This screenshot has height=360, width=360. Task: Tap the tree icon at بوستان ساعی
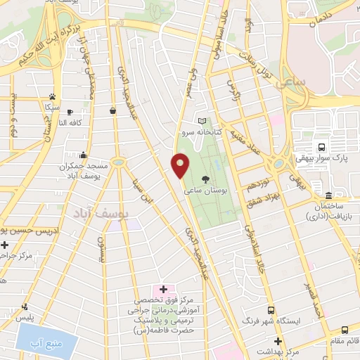[205, 179]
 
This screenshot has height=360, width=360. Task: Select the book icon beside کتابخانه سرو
[202, 121]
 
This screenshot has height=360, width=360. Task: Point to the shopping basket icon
[112, 110]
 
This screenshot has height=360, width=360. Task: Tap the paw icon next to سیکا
[52, 97]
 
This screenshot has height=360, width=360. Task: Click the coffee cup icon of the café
[69, 110]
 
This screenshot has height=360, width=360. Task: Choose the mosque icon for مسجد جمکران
[84, 155]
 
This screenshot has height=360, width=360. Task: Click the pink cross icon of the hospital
[163, 288]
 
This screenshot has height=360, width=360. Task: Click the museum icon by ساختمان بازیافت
[328, 194]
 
